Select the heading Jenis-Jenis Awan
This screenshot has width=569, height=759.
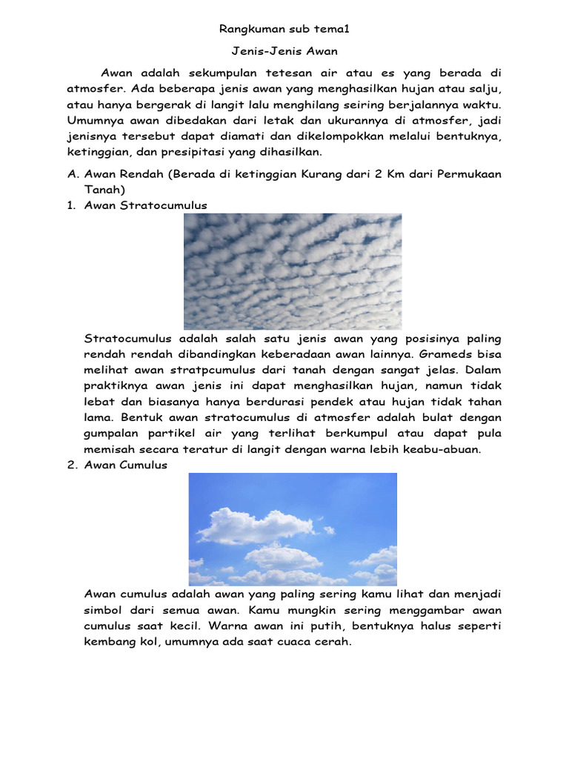[284, 53]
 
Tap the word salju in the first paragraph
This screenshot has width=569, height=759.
[485, 88]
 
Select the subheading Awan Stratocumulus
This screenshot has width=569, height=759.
[146, 205]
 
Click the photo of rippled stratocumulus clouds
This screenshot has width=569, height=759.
[293, 271]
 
